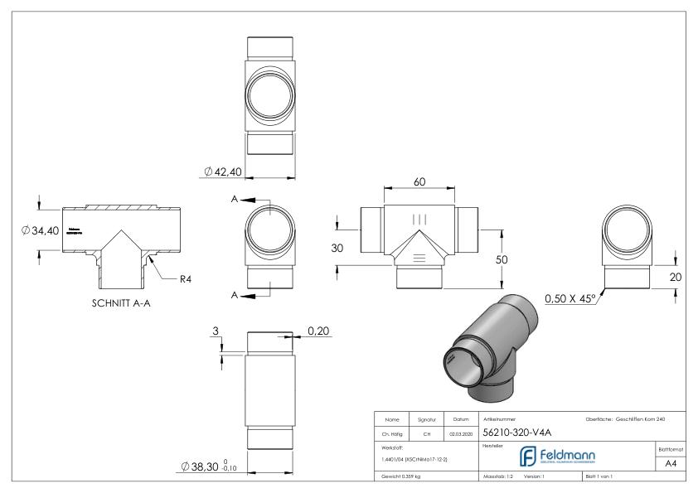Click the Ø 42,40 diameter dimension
(222, 172)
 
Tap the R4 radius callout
(188, 278)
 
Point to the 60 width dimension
(421, 181)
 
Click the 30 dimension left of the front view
(337, 248)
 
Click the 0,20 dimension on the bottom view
(318, 331)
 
